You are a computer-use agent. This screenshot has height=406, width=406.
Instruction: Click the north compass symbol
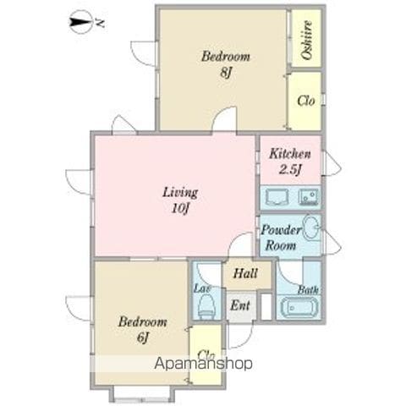[82, 22]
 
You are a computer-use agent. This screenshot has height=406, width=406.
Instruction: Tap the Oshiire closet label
[306, 40]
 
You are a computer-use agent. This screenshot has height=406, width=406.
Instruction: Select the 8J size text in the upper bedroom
[226, 73]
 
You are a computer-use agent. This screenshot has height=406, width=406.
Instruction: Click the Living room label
[180, 192]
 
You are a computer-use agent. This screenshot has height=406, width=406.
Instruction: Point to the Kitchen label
[290, 154]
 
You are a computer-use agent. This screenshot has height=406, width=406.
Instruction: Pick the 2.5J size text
[290, 169]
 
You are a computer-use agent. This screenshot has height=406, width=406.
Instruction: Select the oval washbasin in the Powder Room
[311, 228]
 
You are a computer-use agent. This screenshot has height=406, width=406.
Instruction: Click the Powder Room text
[281, 238]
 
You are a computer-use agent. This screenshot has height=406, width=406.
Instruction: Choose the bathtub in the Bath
[299, 307]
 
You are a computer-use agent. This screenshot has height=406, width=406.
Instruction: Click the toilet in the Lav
[206, 306]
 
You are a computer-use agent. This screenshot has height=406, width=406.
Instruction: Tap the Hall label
[245, 273]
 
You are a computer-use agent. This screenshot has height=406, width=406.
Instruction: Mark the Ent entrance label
[240, 305]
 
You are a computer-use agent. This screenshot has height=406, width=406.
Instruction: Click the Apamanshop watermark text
[203, 364]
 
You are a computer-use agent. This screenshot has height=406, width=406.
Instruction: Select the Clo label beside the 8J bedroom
[306, 101]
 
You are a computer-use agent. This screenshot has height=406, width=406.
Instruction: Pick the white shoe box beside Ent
[266, 306]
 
